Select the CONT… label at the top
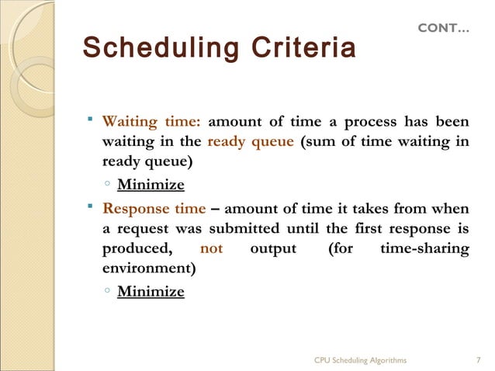pos(443,28)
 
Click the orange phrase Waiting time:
pos(152,122)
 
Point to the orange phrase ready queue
pos(250,142)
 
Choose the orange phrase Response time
pos(154,209)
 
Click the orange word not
pos(211,249)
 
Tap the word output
pos(273,249)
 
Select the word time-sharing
pos(425,249)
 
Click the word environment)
pos(149,269)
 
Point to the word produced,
pos(137,249)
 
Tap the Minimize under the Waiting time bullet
pos(151,185)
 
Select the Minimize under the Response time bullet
pos(151,292)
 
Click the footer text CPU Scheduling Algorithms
pos(360,360)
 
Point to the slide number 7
pos(479,360)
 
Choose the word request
pos(145,229)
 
